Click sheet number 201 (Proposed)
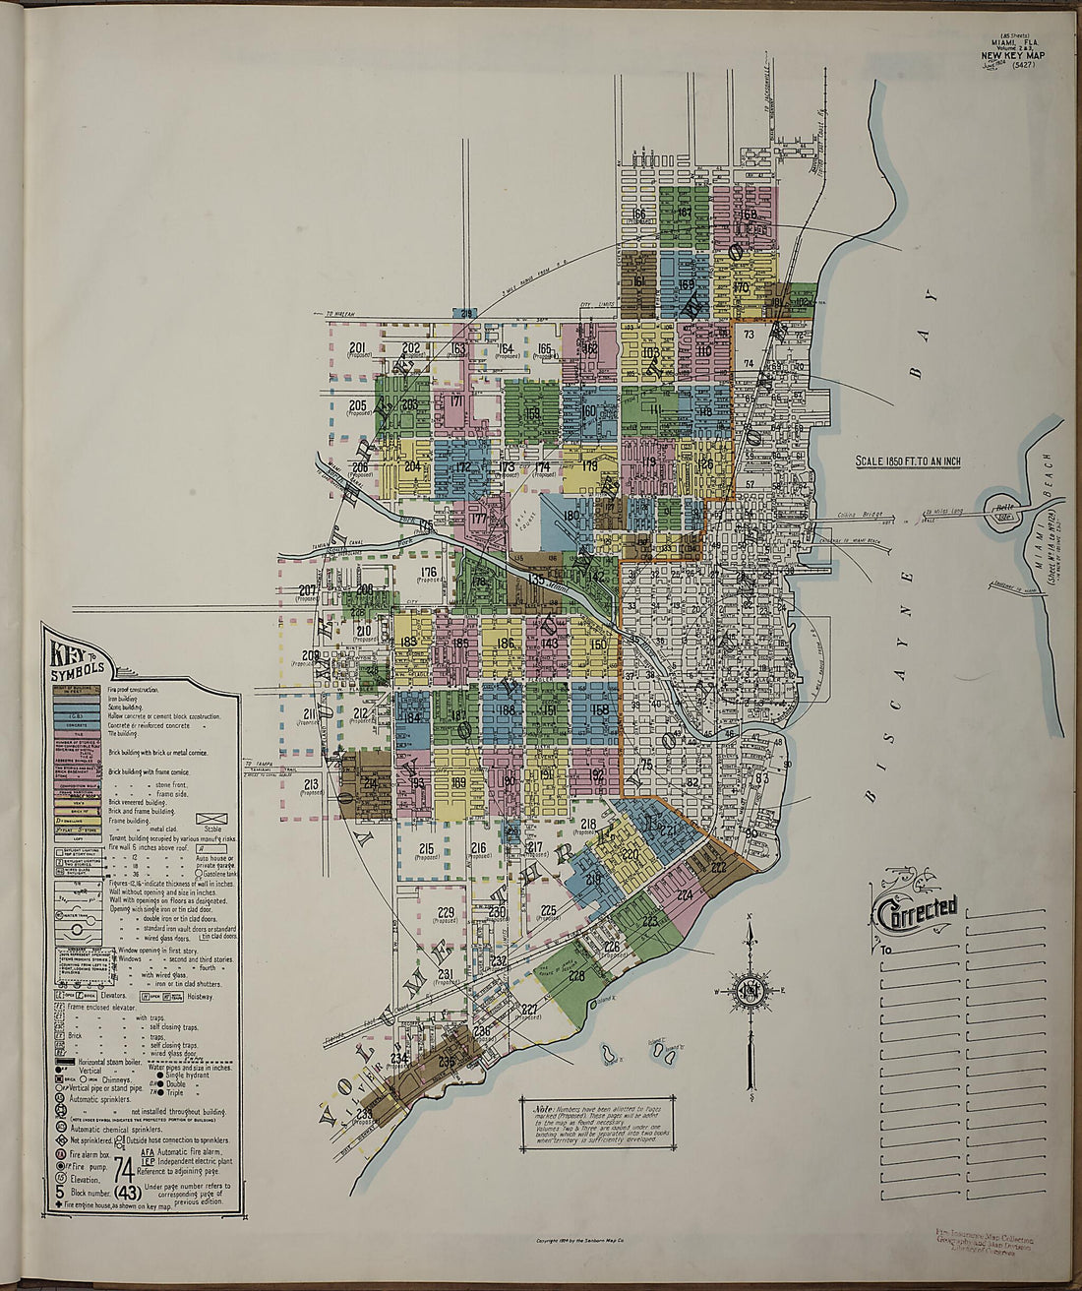pyautogui.click(x=357, y=348)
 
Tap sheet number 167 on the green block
pyautogui.click(x=685, y=213)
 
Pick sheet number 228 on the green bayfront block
pyautogui.click(x=575, y=976)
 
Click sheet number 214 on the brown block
pyautogui.click(x=370, y=783)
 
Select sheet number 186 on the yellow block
pyautogui.click(x=506, y=645)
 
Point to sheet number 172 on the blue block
pyautogui.click(x=462, y=467)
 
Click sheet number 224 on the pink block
pyautogui.click(x=685, y=894)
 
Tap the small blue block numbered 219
pyautogui.click(x=593, y=879)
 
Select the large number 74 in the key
pyautogui.click(x=124, y=1169)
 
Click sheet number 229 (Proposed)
pyautogui.click(x=446, y=913)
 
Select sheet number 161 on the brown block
pyautogui.click(x=638, y=281)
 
